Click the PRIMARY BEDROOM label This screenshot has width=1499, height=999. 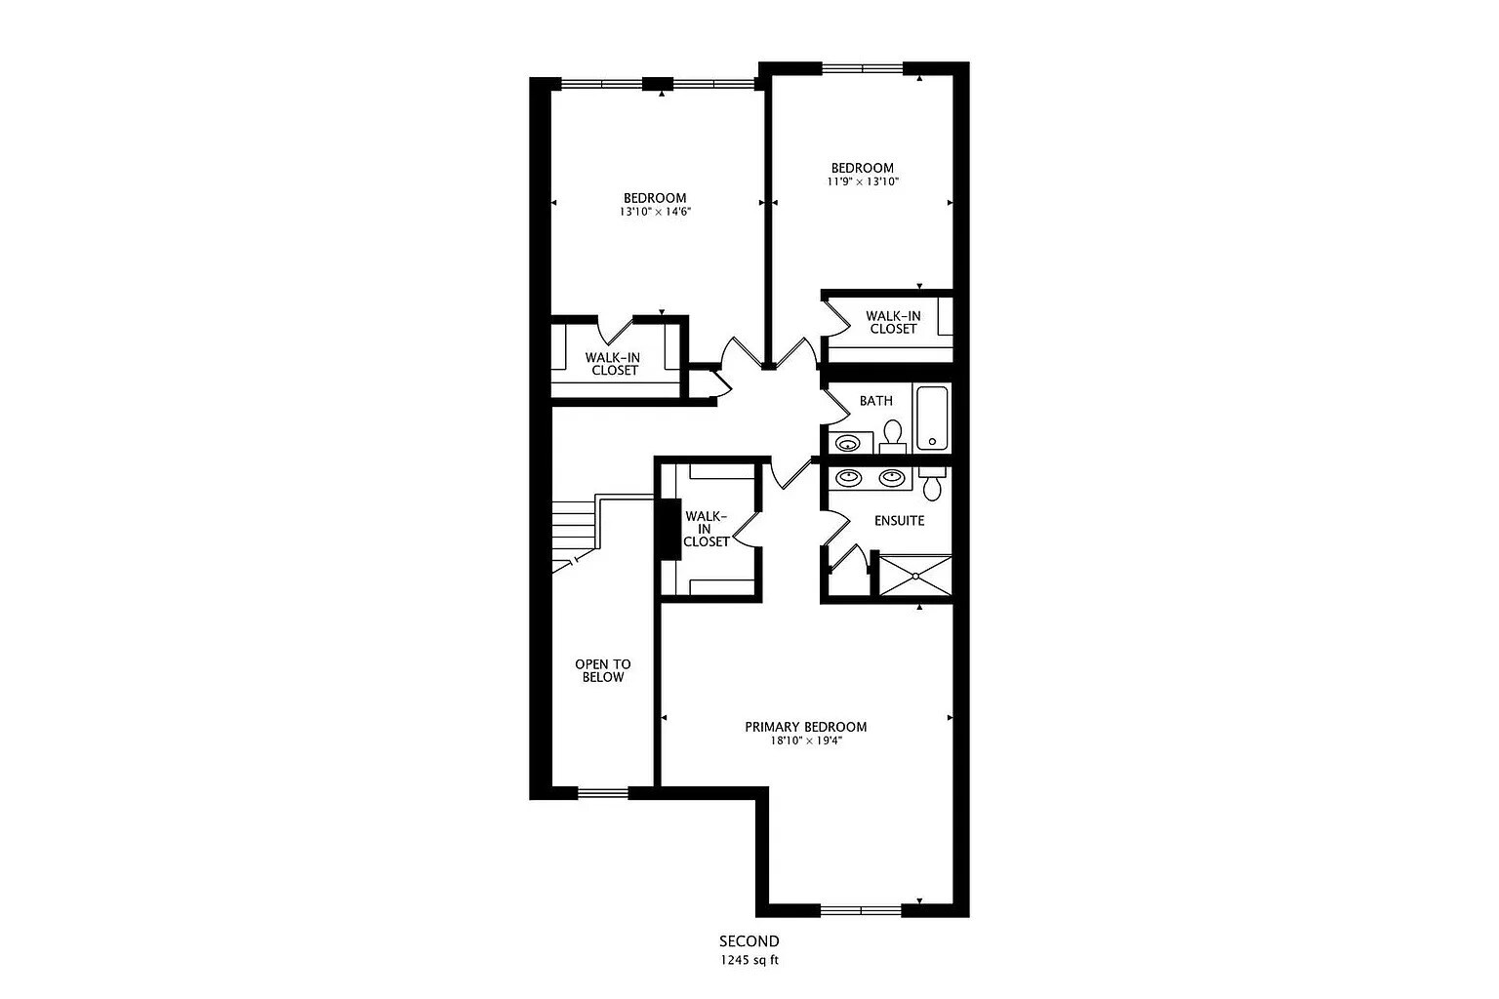pyautogui.click(x=806, y=727)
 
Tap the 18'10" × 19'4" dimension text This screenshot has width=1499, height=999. pyautogui.click(x=806, y=740)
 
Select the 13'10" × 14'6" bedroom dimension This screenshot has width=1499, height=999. pyautogui.click(x=655, y=212)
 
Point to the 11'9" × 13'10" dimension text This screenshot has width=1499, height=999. pyautogui.click(x=863, y=181)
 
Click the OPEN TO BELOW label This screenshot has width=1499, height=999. pyautogui.click(x=603, y=670)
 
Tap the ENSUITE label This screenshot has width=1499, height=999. pyautogui.click(x=900, y=521)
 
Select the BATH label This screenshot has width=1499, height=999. pyautogui.click(x=876, y=401)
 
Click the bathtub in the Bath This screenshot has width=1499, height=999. pyautogui.click(x=932, y=419)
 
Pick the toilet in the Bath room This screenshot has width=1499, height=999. pyautogui.click(x=893, y=436)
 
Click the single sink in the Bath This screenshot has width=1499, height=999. pyautogui.click(x=848, y=443)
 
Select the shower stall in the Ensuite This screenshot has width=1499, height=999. pyautogui.click(x=914, y=576)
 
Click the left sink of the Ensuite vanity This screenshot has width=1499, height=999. pyautogui.click(x=848, y=478)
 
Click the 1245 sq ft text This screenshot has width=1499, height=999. pyautogui.click(x=749, y=961)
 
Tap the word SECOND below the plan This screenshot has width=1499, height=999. pyautogui.click(x=749, y=941)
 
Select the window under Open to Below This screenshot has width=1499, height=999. pyautogui.click(x=603, y=793)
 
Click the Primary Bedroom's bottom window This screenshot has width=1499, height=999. pyautogui.click(x=862, y=910)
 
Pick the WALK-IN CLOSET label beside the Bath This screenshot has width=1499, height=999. pyautogui.click(x=893, y=323)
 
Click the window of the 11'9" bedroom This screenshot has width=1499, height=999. pyautogui.click(x=863, y=67)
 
